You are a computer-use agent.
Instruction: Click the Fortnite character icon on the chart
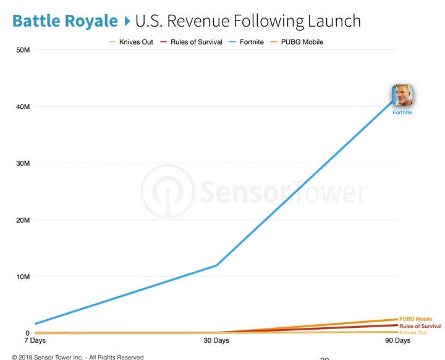coord(402,96)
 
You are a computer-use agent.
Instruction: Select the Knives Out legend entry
coord(131,42)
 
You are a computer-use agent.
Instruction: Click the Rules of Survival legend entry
coord(191,42)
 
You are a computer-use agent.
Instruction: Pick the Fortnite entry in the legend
coord(247,42)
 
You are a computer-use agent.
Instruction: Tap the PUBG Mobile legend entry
coord(297,42)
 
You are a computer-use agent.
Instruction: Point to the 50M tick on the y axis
coord(23,49)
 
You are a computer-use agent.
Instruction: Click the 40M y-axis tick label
coord(23,106)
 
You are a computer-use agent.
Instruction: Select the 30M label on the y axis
coord(23,163)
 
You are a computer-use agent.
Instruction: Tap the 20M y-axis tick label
coord(23,220)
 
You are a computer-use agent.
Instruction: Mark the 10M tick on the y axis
coord(23,276)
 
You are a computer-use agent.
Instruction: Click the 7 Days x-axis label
coord(35,341)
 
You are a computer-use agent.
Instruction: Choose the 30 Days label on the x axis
coord(216,341)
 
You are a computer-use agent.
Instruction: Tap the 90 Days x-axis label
coord(397,341)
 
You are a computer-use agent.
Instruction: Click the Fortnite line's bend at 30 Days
coord(216,265)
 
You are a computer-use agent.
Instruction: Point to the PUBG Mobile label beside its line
coord(415,319)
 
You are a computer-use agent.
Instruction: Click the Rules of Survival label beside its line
coord(420,326)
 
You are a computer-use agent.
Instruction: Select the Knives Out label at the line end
coord(413,333)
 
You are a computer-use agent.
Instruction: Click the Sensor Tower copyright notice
coord(77,357)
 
